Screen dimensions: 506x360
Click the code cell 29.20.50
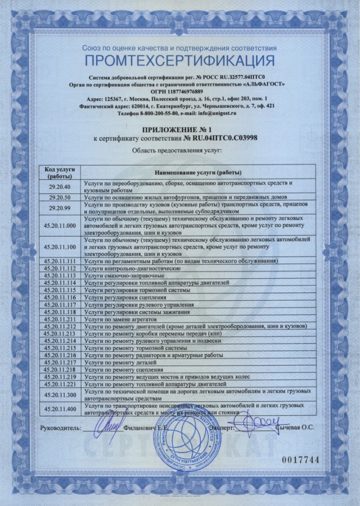pyautogui.click(x=59, y=197)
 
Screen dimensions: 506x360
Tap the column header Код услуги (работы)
pyautogui.click(x=59, y=172)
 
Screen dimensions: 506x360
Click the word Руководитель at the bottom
pyautogui.click(x=60, y=428)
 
